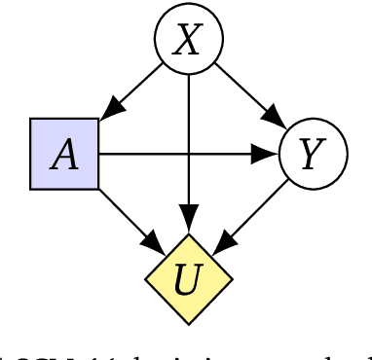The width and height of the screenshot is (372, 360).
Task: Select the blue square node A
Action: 64,155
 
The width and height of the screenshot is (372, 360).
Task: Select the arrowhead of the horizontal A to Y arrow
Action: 267,154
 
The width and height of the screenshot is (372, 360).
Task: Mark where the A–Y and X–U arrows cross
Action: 189,154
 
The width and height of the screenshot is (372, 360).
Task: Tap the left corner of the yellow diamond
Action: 146,278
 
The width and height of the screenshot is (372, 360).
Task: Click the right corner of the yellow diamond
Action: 233,278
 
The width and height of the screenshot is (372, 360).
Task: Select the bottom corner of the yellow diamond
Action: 189,321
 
